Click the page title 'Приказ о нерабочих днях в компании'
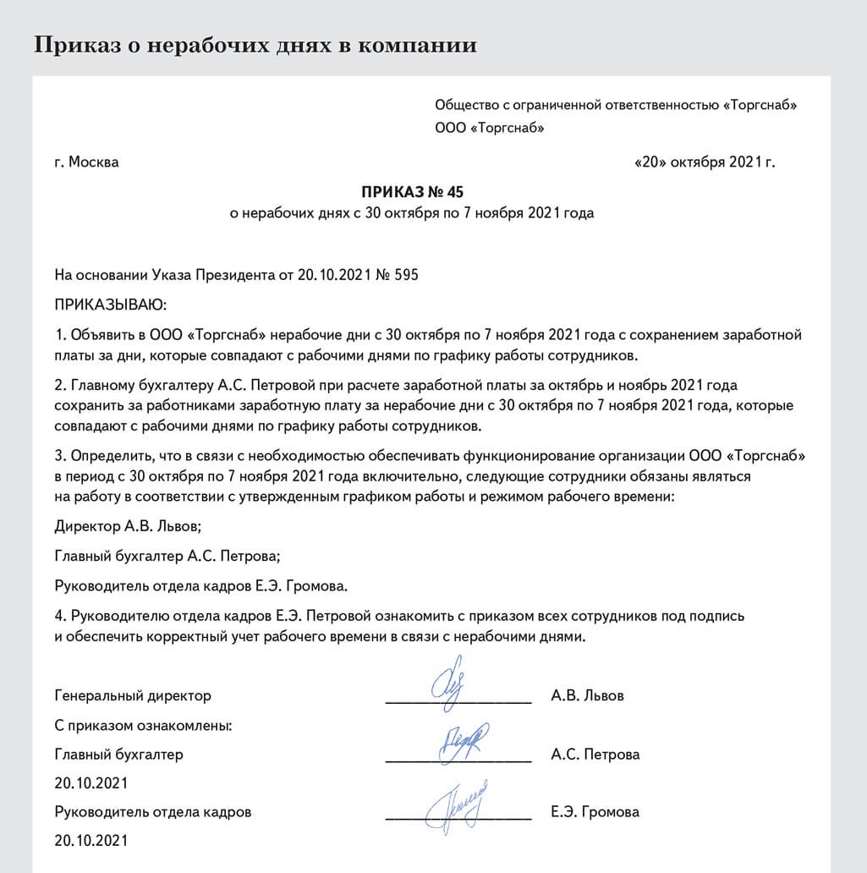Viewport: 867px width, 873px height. coord(255,44)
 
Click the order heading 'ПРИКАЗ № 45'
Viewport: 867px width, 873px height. coord(411,191)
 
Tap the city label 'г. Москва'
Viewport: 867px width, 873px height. coord(86,162)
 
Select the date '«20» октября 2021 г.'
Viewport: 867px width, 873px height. coord(704,162)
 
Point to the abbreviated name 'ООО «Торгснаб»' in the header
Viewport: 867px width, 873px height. coord(489,129)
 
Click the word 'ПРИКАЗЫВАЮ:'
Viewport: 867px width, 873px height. coord(111,303)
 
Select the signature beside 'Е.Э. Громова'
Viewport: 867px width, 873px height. coord(458,800)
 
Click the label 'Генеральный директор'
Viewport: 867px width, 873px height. coord(133,696)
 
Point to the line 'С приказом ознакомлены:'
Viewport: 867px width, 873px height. coord(143,725)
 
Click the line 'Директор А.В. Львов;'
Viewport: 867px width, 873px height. coord(128,525)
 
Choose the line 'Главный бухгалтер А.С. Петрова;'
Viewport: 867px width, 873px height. coord(167,555)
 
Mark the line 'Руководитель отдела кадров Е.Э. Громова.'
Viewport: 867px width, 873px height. coord(201,585)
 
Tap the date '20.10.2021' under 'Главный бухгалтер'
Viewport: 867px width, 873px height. coord(91,783)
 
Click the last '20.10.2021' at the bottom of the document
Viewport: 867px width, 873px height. coord(91,841)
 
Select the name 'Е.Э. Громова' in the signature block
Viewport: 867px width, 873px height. coord(594,812)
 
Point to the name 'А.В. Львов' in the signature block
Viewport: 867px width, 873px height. coord(587,696)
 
